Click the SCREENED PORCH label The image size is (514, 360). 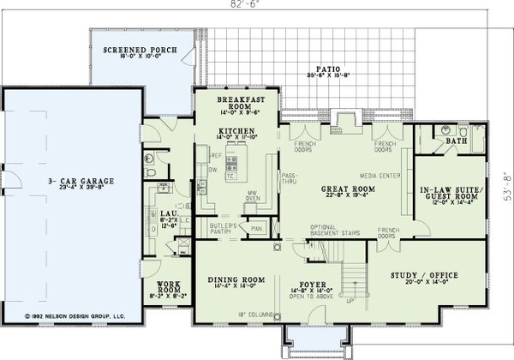[140, 51]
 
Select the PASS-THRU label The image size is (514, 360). [289, 177]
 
